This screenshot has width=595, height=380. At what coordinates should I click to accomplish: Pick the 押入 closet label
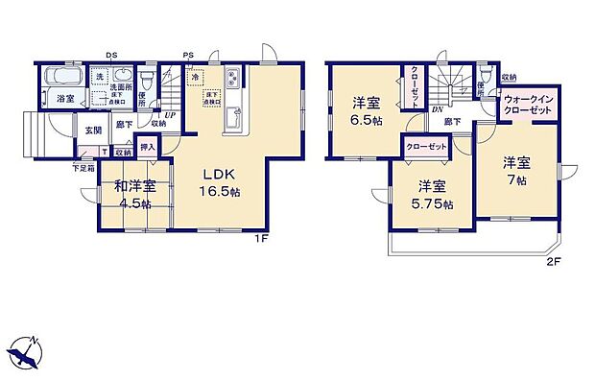pyautogui.click(x=147, y=147)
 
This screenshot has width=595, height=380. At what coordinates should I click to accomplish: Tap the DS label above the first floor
pyautogui.click(x=112, y=56)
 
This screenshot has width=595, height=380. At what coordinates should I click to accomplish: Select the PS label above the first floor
pyautogui.click(x=188, y=56)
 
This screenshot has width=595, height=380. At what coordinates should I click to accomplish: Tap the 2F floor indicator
pyautogui.click(x=552, y=261)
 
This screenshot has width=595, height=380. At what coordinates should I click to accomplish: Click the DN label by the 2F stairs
pyautogui.click(x=437, y=110)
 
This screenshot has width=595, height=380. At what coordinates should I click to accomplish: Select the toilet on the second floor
pyautogui.click(x=485, y=78)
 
